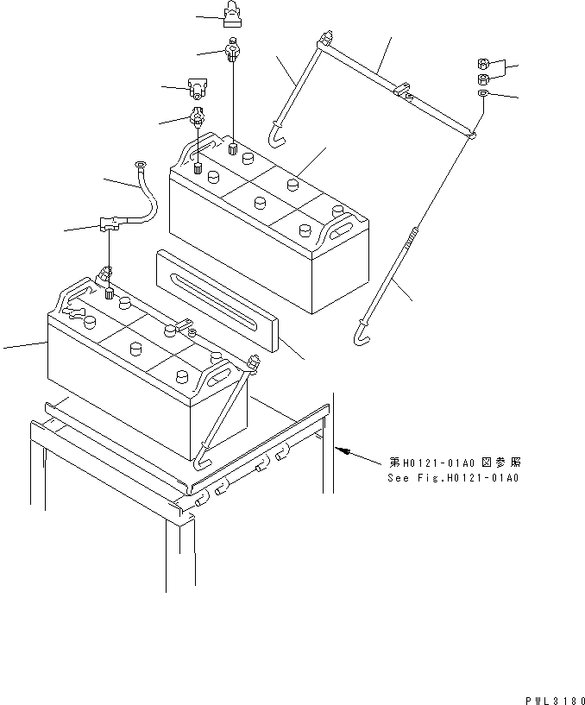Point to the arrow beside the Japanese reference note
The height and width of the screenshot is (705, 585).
tap(342, 450)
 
